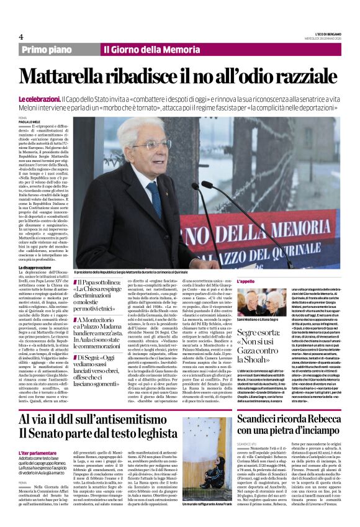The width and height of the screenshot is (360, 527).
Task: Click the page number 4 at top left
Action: click(x=21, y=37)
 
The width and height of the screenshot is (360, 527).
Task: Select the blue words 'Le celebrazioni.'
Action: click(x=39, y=99)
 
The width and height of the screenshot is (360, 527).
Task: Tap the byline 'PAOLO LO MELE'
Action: click(x=29, y=122)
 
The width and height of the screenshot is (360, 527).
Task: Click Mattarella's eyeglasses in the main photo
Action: click(x=151, y=145)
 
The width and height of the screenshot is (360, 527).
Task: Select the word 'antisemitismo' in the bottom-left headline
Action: click(x=114, y=405)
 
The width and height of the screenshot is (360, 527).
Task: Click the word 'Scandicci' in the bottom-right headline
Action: click(x=259, y=404)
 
